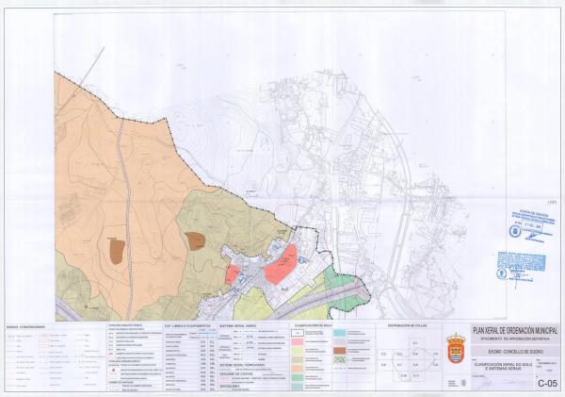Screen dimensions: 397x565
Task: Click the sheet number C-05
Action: click(x=547, y=383)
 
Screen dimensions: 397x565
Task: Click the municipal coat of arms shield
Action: click(x=457, y=345)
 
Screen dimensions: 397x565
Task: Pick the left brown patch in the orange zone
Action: click(x=116, y=250)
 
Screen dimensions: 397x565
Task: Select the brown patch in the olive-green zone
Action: click(x=196, y=240)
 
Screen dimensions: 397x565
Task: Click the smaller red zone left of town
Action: click(x=232, y=273)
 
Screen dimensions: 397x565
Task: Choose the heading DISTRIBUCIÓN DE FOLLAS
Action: click(x=407, y=326)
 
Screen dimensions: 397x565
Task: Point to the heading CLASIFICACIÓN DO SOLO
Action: click(x=312, y=326)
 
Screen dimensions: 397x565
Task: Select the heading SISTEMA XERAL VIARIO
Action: click(x=238, y=326)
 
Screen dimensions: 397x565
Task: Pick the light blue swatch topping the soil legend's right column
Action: click(x=339, y=333)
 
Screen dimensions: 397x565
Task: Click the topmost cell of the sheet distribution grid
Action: click(x=415, y=341)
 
